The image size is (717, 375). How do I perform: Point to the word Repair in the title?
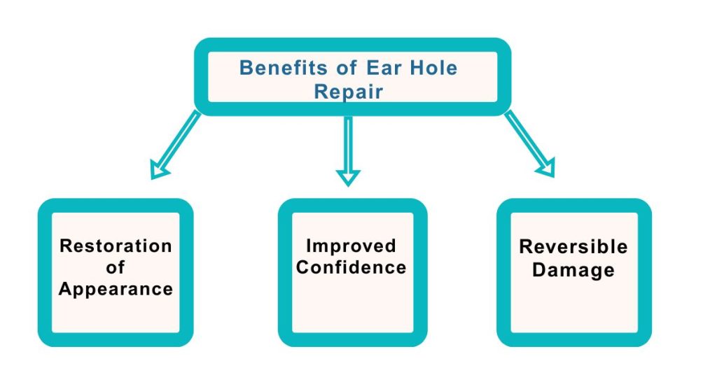coord(349,92)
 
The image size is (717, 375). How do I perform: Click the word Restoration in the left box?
coord(116,246)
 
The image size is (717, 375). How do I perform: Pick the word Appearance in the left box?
coord(116,289)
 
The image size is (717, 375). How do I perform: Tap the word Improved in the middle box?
coord(351,246)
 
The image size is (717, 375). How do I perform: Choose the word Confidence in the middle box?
coord(351,267)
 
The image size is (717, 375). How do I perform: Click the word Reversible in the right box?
coord(573,246)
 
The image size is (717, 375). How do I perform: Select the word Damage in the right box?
coord(573,269)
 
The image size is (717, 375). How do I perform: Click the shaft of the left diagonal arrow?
coord(181,141)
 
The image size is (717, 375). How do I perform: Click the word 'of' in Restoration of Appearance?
coord(116,267)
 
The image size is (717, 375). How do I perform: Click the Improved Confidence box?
coord(351,308)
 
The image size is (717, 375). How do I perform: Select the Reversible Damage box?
coord(573,308)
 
